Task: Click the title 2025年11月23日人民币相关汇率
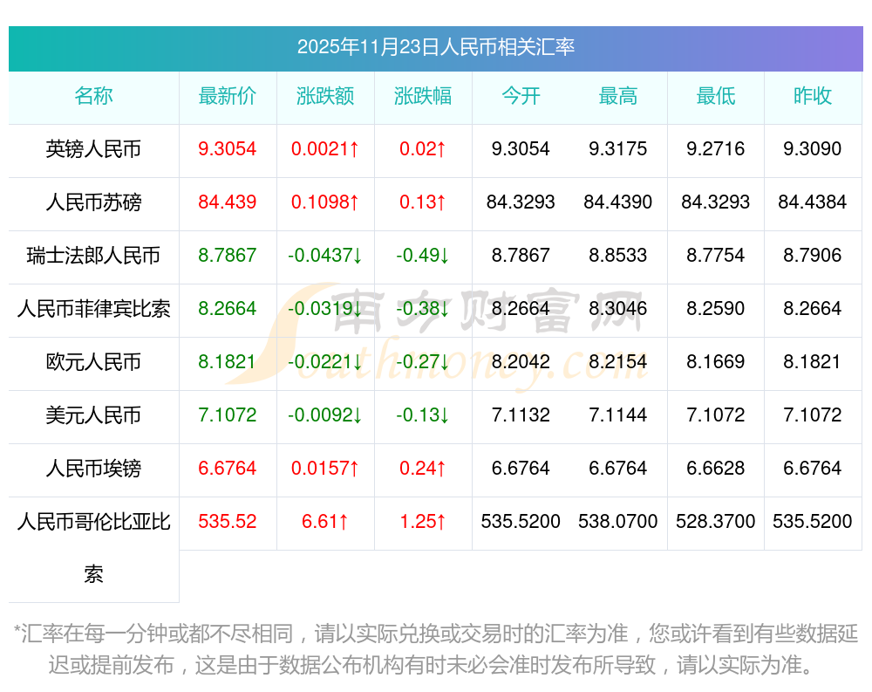pos(435,47)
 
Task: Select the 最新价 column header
pos(228,96)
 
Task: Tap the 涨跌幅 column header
pos(423,96)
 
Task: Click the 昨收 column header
pos(813,96)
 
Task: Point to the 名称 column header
pos(93,96)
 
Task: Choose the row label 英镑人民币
pos(93,149)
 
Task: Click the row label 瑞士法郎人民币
pos(93,256)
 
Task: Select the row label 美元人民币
pos(93,415)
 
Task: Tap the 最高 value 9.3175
pos(618,149)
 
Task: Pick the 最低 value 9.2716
pos(716,149)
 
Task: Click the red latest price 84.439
pos(228,202)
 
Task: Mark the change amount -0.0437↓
pos(325,256)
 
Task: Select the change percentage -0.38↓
pos(423,309)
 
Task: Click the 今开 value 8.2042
pos(521,362)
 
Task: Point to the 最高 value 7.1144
pos(618,415)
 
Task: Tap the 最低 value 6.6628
pos(716,469)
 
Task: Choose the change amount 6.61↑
pos(325,522)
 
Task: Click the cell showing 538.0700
pos(618,522)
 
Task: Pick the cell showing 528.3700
pos(716,522)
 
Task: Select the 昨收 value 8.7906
pos(813,256)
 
